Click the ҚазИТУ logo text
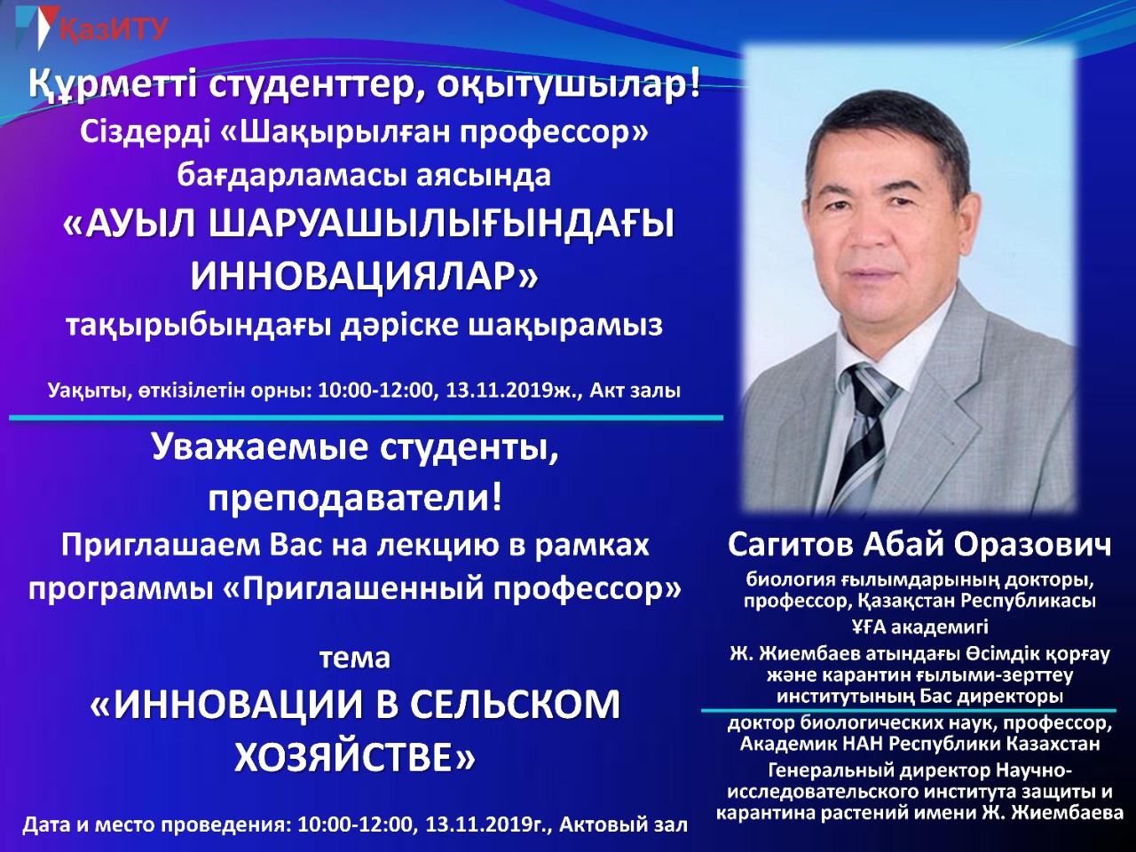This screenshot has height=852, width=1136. pyautogui.click(x=114, y=29)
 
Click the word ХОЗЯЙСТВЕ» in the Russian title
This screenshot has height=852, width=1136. pyautogui.click(x=354, y=757)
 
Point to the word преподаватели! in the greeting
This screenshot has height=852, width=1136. pyautogui.click(x=355, y=499)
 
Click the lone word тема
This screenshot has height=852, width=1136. pyautogui.click(x=354, y=659)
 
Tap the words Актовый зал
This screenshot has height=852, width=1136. pyautogui.click(x=624, y=824)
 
